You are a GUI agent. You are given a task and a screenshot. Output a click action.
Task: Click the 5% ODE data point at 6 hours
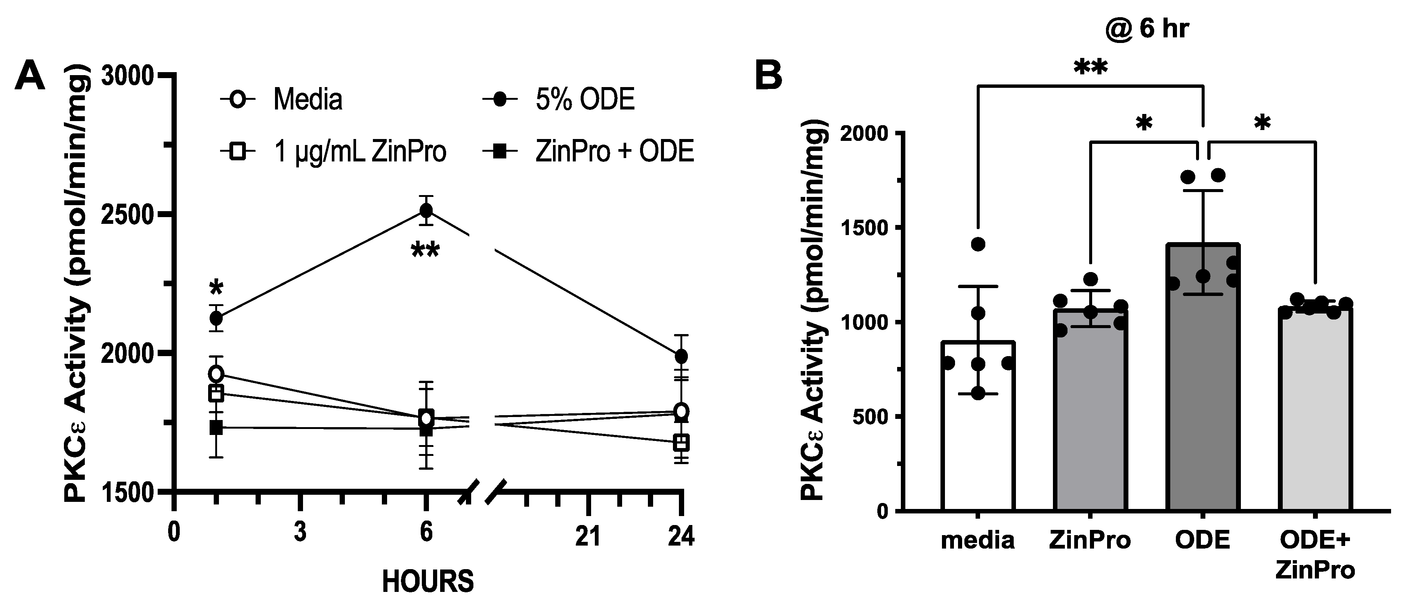[x=426, y=210]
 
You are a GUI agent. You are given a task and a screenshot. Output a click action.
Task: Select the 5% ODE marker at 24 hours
[x=681, y=356]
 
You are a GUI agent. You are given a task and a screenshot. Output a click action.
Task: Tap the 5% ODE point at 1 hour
[x=216, y=318]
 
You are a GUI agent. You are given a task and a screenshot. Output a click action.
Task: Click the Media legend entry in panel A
[x=282, y=100]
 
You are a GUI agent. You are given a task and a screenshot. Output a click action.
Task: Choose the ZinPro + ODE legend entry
[x=589, y=151]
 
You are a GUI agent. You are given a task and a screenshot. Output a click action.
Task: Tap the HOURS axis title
[x=427, y=581]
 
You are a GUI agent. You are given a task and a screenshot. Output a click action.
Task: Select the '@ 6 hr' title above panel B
[x=1147, y=28]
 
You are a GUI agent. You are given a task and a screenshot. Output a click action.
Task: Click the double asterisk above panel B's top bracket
[x=1091, y=68]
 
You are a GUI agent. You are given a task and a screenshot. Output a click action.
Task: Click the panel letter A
[x=30, y=76]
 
